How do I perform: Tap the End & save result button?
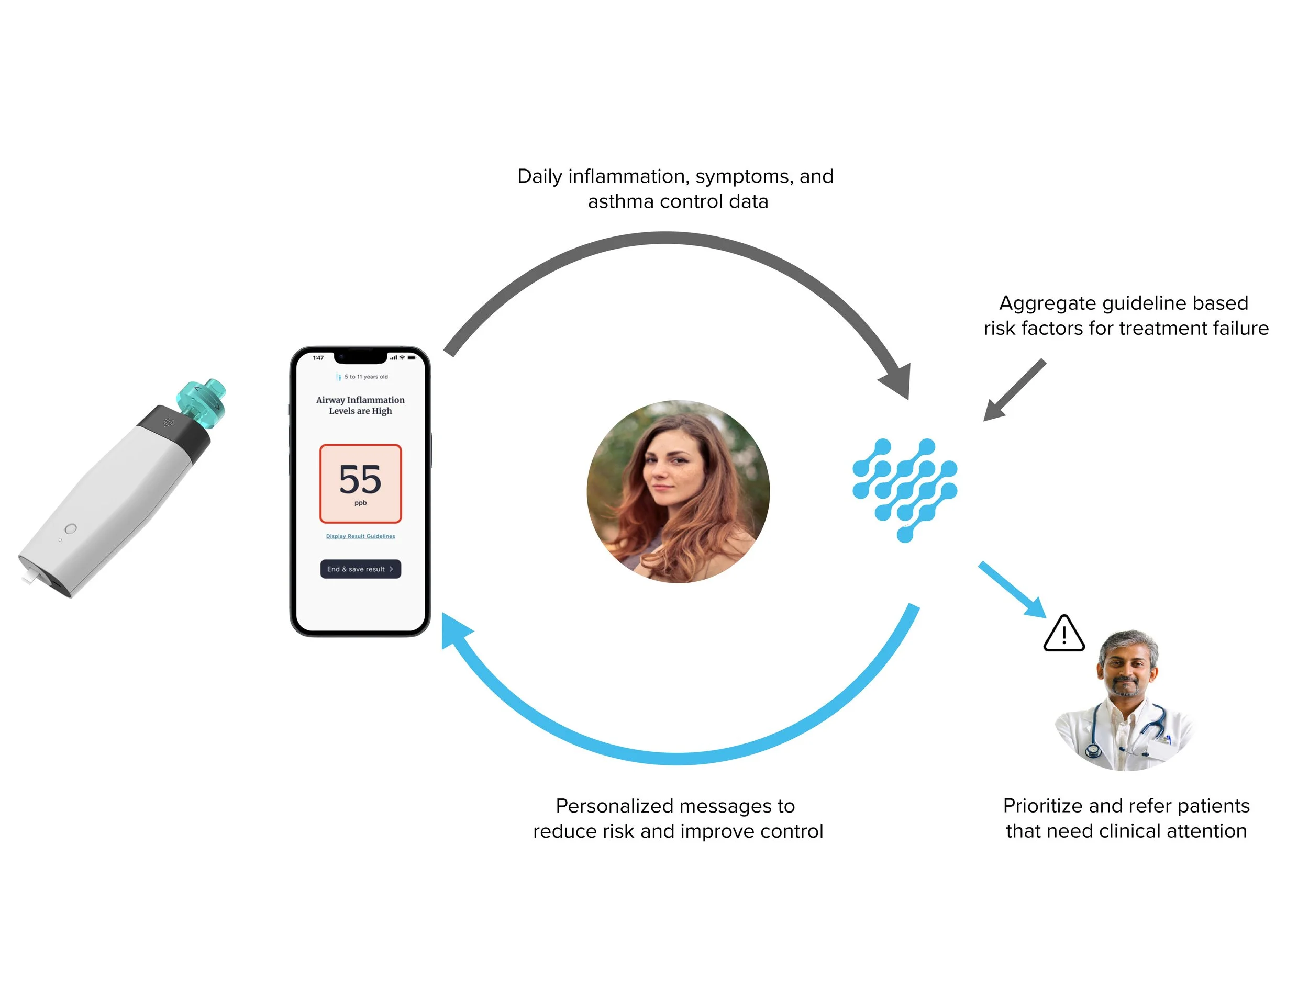coord(360,569)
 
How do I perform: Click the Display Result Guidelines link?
coord(360,536)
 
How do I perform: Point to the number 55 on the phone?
coord(360,479)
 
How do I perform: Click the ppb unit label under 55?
coord(360,503)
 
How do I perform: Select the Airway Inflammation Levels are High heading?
coord(360,405)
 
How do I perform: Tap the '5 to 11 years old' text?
coord(365,377)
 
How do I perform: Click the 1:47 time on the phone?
coord(318,358)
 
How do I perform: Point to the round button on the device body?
coord(70,528)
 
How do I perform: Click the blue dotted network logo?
coord(904,490)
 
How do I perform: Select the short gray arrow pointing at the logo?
coord(1014,391)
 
